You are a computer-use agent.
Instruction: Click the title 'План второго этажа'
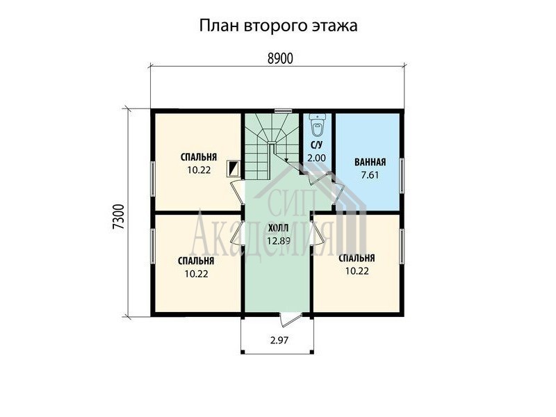[x=278, y=26]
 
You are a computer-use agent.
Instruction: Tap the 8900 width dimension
[x=280, y=58]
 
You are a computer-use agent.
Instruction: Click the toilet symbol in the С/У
[x=317, y=125]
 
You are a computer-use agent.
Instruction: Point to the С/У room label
[x=316, y=145]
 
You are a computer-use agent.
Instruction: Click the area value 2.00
[x=316, y=158]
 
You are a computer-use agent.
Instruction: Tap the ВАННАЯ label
[x=370, y=163]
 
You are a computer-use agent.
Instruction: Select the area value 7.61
[x=370, y=175]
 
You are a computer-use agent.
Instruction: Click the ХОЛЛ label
[x=279, y=227]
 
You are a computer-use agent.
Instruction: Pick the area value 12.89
[x=279, y=241]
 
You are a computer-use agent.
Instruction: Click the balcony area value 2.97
[x=279, y=341]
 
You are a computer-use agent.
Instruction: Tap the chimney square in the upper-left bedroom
[x=234, y=168]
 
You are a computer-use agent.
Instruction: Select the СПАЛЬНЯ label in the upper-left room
[x=199, y=157]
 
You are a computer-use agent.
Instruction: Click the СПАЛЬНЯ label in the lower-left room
[x=196, y=261]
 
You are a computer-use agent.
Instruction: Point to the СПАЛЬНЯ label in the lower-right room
[x=357, y=258]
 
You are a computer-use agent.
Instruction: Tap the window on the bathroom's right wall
[x=402, y=176]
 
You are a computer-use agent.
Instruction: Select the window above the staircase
[x=283, y=111]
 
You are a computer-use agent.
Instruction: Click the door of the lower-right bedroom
[x=317, y=233]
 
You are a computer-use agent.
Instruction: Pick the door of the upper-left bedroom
[x=236, y=193]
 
